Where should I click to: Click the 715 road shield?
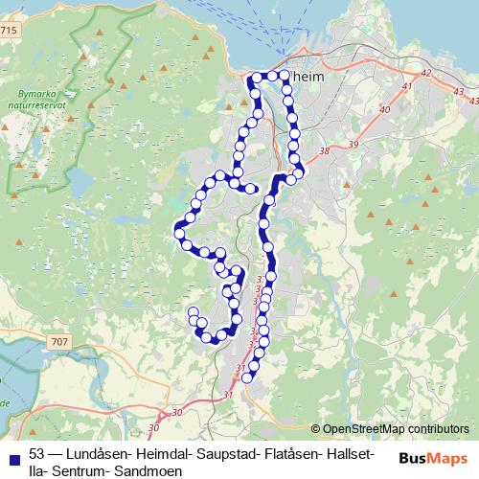[x=9, y=31]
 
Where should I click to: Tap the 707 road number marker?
[x=60, y=341]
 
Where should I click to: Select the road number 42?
[x=426, y=73]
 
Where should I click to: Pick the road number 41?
[x=406, y=87]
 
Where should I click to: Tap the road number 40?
[x=385, y=110]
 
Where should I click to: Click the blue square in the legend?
[x=11, y=456]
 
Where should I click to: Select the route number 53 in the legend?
[x=37, y=452]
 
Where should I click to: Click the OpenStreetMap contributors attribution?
[x=396, y=429]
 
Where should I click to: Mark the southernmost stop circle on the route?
[x=247, y=378]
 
